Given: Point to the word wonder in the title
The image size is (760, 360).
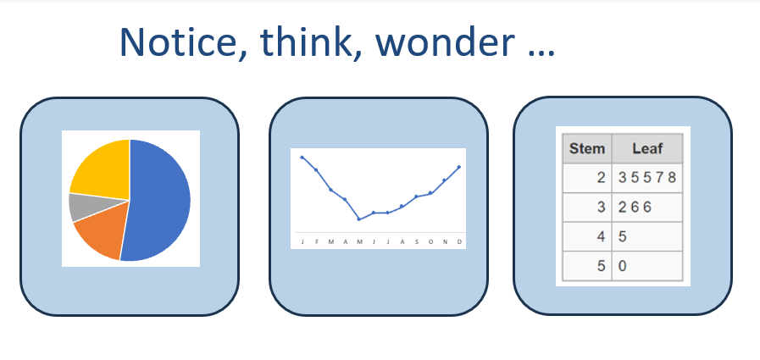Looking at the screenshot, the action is coord(445,42).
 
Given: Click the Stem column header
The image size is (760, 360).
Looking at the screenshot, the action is coord(587,148).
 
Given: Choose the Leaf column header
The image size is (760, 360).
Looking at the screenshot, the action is coord(647,148).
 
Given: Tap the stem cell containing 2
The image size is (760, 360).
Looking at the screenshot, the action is coord(587,178).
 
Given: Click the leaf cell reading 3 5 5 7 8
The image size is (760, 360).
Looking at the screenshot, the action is coord(647,178).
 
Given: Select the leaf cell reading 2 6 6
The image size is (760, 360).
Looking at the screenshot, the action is coord(647,208).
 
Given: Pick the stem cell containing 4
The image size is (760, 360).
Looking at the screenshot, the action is coord(587,236).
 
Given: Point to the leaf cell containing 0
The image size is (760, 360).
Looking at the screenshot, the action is coord(647,265).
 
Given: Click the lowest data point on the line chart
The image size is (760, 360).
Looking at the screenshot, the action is coord(358,219).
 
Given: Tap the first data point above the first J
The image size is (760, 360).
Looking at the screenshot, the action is coord(302,158).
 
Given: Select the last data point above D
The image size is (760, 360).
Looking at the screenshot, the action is coord(459,167).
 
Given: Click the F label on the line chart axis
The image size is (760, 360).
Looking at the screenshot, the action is coord(317,241).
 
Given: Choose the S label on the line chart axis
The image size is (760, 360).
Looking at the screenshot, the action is coord(417,241).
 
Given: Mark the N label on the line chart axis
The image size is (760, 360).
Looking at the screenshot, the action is coord(445,241).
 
